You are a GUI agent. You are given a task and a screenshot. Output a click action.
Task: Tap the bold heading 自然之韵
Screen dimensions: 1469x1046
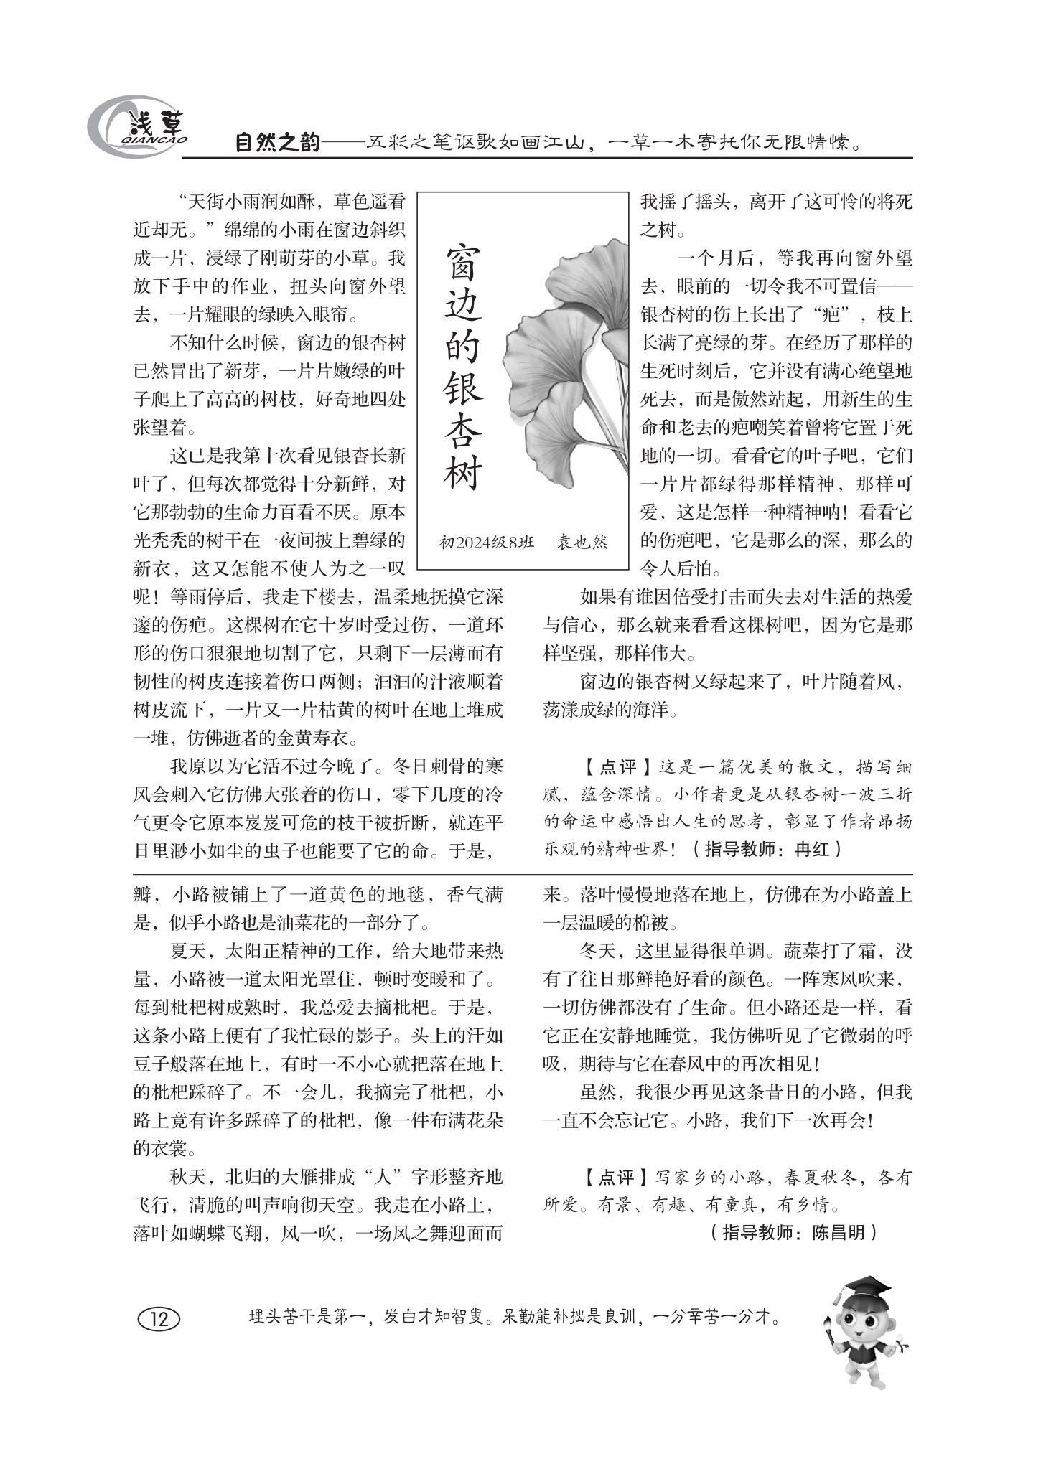point(278,143)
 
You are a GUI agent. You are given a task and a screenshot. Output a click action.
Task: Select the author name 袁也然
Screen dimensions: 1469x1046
point(582,542)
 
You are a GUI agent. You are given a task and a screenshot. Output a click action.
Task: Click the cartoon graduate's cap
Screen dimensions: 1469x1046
point(867,1286)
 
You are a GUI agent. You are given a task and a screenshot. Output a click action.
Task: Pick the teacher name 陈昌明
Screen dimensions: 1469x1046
point(839,1232)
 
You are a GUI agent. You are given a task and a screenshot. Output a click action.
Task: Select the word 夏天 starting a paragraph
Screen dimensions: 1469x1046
point(187,952)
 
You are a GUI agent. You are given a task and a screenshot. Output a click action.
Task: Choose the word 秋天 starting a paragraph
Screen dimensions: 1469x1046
point(187,1178)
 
